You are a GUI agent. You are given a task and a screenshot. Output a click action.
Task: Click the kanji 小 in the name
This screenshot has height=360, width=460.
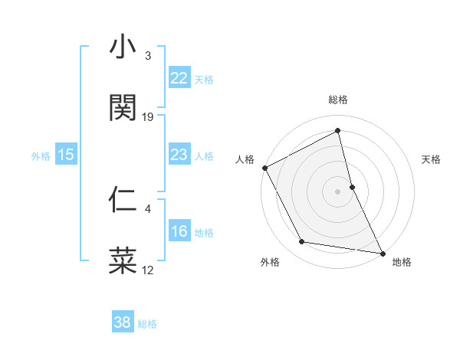(x=123, y=49)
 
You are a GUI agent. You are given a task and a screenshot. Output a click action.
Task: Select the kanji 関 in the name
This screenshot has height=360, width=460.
(x=123, y=108)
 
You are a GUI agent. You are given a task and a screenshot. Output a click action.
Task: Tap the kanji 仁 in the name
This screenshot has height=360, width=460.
(x=123, y=200)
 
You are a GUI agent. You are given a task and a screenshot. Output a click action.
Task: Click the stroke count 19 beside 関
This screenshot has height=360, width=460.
(x=148, y=116)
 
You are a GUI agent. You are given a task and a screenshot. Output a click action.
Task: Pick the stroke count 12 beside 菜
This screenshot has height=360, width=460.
(x=148, y=270)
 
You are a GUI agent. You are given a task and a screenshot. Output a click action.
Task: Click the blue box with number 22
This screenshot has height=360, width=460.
(x=179, y=78)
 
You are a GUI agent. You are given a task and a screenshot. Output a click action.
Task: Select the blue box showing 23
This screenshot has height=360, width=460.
(x=179, y=155)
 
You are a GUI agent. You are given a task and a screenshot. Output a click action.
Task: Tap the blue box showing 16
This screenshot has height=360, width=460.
(x=179, y=231)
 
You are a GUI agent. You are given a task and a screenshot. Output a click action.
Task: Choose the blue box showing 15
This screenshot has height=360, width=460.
(x=66, y=155)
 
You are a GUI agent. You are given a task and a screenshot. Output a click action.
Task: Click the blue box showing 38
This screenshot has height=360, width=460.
(x=123, y=322)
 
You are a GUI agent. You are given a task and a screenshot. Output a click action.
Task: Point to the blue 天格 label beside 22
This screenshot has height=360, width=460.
(x=204, y=79)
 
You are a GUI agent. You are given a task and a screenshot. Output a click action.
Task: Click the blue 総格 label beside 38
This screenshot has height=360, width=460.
(x=147, y=323)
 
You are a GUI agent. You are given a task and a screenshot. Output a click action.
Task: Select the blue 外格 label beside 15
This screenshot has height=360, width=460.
(x=41, y=155)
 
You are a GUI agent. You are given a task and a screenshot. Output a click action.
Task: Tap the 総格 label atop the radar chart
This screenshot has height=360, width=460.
(x=338, y=100)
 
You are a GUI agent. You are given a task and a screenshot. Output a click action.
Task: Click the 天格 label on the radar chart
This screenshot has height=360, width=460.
(x=432, y=159)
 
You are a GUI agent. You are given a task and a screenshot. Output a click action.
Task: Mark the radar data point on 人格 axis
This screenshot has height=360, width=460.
(x=264, y=168)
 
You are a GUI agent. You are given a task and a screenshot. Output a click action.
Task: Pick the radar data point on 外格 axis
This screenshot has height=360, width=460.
(x=302, y=242)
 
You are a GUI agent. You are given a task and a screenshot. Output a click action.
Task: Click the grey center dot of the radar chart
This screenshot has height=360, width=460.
(x=338, y=191)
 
